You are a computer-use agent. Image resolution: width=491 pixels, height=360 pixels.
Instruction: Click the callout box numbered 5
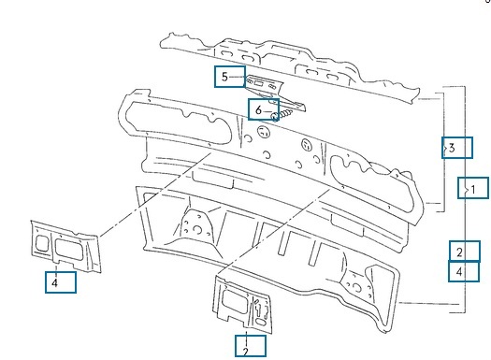230,77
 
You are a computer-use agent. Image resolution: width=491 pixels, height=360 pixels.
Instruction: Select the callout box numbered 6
264,109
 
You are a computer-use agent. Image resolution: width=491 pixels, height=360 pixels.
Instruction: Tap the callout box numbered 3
457,148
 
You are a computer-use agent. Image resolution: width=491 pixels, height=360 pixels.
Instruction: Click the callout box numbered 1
473,188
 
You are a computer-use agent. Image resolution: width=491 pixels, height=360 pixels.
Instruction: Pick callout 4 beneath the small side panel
61,282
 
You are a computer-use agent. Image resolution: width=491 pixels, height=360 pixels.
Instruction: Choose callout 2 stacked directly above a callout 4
465,251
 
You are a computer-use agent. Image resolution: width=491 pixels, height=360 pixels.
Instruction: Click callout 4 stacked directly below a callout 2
464,271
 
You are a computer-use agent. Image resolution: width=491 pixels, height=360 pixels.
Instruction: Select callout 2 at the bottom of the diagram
251,346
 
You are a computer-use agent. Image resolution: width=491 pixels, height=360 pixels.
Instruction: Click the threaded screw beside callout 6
282,115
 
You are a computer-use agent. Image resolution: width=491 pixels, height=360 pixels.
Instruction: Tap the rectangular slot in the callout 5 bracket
259,83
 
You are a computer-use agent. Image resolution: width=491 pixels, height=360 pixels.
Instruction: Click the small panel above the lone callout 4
65,246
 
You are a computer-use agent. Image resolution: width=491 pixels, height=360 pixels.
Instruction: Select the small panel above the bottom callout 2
242,304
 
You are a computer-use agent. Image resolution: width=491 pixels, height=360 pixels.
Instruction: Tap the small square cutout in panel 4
42,243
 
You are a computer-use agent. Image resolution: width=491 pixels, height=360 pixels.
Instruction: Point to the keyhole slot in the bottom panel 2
258,309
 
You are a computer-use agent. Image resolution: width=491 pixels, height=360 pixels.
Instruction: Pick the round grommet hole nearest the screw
264,132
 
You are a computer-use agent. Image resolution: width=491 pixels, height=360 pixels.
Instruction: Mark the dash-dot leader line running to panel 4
155,194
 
